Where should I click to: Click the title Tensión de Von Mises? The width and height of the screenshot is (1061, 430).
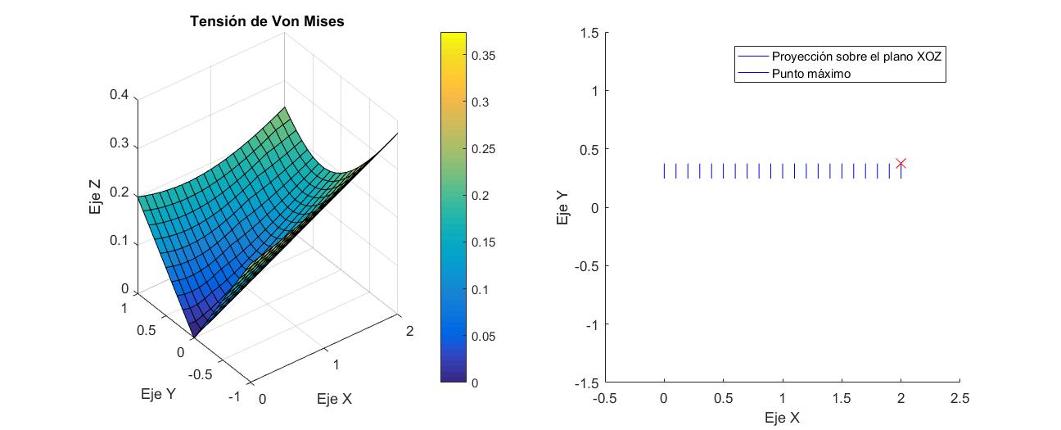(267, 22)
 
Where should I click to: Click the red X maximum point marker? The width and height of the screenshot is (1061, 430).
(901, 164)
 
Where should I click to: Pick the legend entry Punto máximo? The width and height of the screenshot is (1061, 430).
(810, 74)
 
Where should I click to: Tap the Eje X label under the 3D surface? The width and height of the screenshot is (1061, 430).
(335, 400)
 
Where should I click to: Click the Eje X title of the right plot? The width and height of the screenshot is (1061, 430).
(781, 418)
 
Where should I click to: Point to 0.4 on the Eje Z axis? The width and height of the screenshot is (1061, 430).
(120, 94)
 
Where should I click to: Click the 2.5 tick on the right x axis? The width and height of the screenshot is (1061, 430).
(959, 398)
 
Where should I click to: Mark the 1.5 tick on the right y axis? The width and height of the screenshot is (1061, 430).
(589, 32)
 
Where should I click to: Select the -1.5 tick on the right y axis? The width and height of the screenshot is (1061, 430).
(586, 382)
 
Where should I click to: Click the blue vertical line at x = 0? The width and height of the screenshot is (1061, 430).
(664, 170)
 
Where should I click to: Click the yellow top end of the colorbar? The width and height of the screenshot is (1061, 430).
(453, 37)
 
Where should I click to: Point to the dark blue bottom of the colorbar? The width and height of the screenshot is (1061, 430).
(453, 377)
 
